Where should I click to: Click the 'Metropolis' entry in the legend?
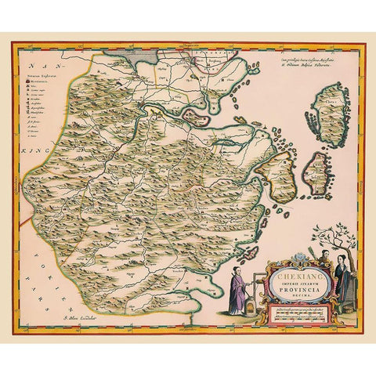pyautogui.click(x=50, y=81)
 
